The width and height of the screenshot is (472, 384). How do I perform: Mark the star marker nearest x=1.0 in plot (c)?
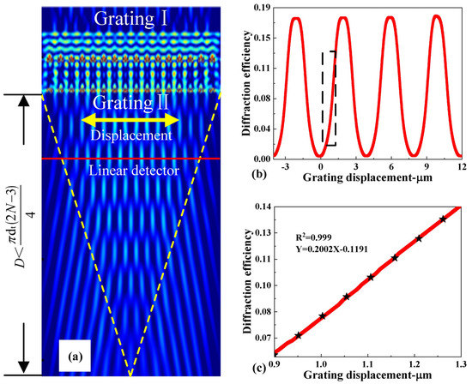[x=322, y=315]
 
